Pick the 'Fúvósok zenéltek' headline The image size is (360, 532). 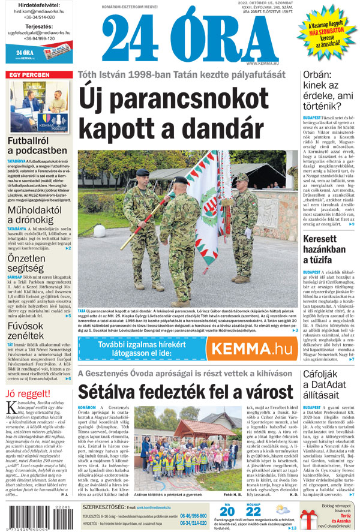[x=27, y=330]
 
